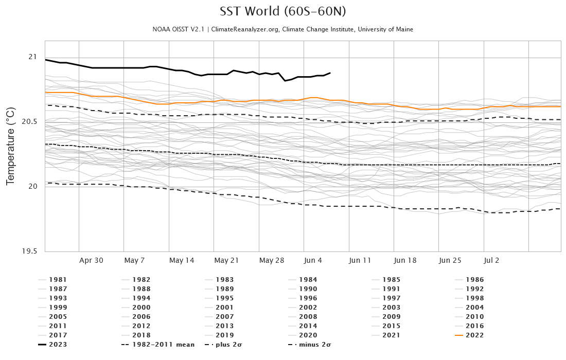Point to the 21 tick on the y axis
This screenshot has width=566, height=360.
tap(32, 57)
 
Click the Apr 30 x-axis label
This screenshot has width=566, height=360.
tap(91, 260)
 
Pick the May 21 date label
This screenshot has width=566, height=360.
tap(226, 260)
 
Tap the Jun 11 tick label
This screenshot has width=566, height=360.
tap(360, 260)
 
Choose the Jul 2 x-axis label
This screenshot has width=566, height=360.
tap(491, 260)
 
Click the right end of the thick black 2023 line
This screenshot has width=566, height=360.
tap(330, 73)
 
